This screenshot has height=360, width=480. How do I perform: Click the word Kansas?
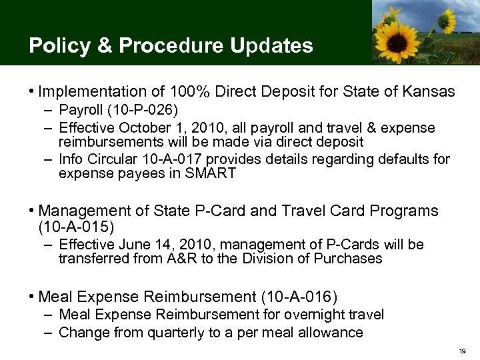point(429,91)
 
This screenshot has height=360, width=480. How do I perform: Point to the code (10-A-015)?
point(72,228)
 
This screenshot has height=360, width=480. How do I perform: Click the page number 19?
point(462,350)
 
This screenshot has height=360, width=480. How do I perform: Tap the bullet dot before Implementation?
point(32,91)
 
